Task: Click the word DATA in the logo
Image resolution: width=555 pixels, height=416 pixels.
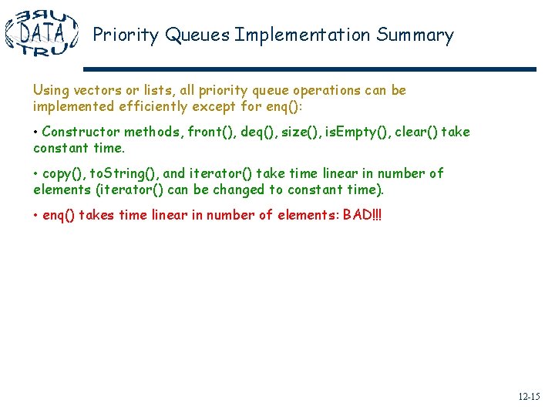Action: (x=42, y=33)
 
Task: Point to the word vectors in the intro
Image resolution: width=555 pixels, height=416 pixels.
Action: (x=93, y=90)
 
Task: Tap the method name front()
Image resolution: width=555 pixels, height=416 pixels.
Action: (x=211, y=132)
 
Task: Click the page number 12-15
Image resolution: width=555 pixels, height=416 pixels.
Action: (x=529, y=397)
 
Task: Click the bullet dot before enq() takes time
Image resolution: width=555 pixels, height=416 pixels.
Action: (x=36, y=215)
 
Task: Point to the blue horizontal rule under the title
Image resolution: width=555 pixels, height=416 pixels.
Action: (x=308, y=69)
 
